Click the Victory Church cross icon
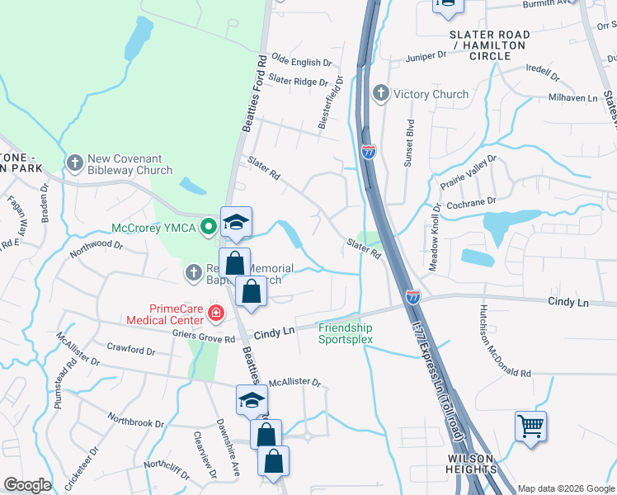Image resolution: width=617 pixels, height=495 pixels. [x=380, y=94]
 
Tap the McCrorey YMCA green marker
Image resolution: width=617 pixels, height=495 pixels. [x=210, y=225]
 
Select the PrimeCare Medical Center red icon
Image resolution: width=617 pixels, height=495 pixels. [x=216, y=313]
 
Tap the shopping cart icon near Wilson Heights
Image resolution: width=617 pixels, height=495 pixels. [x=530, y=427]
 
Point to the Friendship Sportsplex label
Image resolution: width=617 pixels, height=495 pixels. [x=346, y=332]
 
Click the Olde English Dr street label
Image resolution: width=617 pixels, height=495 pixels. [x=301, y=62]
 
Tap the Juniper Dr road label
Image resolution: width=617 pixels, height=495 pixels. [x=426, y=56]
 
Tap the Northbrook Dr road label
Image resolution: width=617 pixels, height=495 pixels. [x=136, y=422]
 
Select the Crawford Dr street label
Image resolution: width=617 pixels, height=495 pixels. [x=130, y=351]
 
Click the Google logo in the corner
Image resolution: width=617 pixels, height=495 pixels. [x=26, y=485]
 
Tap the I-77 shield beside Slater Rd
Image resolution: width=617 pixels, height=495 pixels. [x=369, y=150]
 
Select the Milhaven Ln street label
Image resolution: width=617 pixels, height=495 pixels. [x=572, y=97]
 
